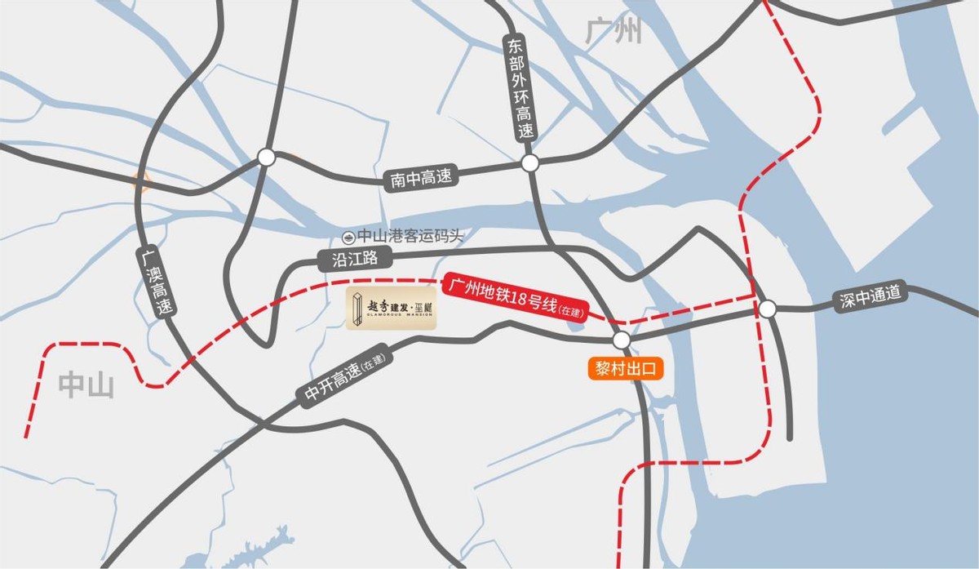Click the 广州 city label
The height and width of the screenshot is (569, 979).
[614, 32]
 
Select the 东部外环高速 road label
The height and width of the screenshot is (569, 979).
[521, 88]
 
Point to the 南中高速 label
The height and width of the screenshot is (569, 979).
[421, 177]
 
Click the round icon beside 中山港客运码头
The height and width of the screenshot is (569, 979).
[348, 237]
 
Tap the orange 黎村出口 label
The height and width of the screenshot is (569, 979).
[624, 369]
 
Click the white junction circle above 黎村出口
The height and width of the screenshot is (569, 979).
[622, 340]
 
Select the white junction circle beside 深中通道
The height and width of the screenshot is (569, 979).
[768, 309]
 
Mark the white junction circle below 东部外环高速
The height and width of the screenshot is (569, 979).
[530, 163]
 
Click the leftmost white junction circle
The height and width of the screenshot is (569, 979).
[267, 158]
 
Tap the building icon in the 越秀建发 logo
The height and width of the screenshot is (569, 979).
[357, 309]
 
